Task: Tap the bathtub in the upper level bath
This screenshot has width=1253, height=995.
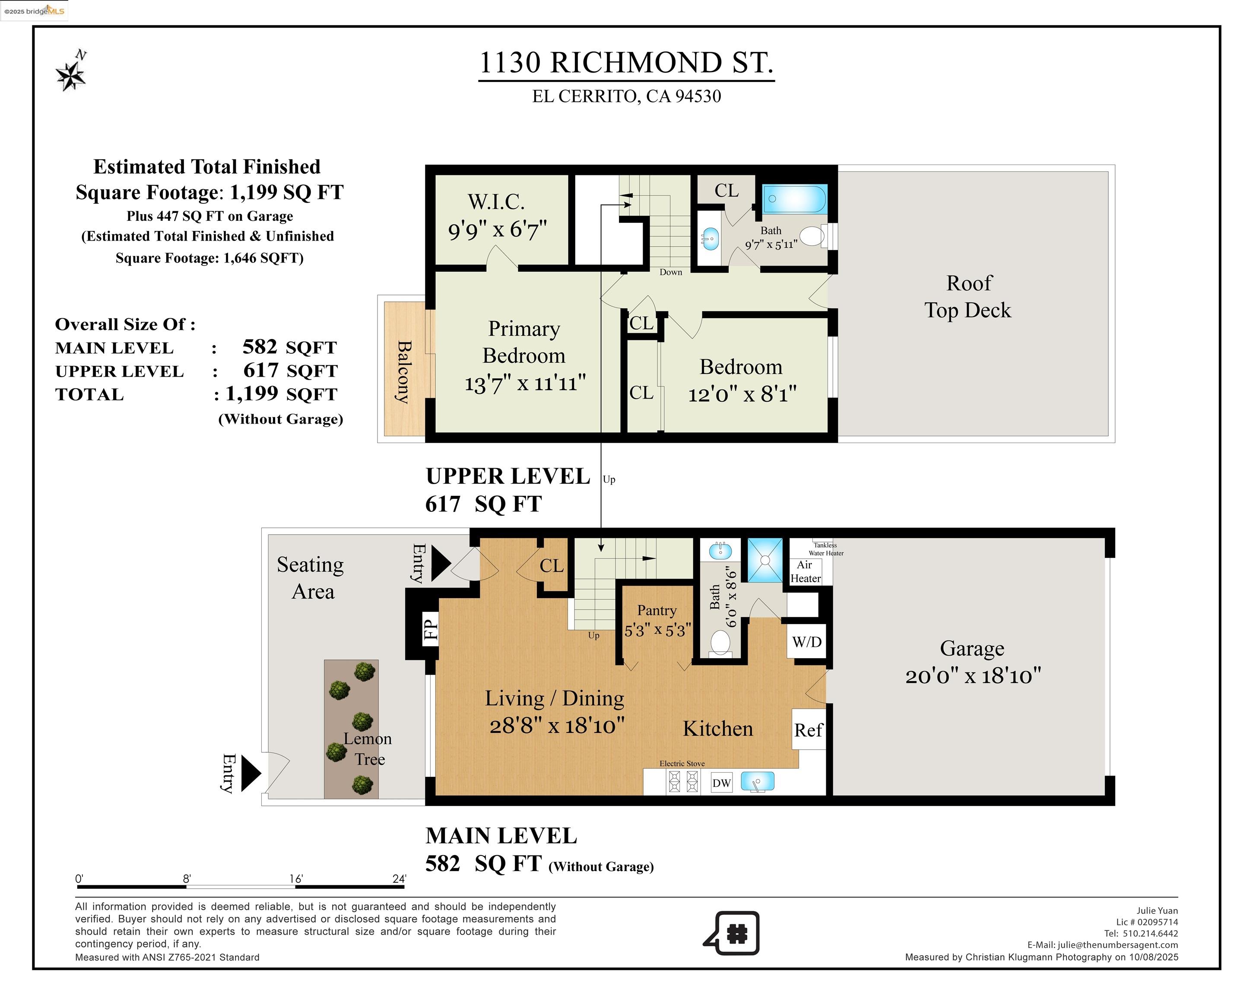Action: pyautogui.click(x=794, y=199)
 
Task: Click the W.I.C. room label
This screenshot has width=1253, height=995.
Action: pyautogui.click(x=496, y=202)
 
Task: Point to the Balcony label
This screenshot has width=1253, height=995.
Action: pyautogui.click(x=404, y=371)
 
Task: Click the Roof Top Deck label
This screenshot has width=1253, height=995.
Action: pyautogui.click(x=968, y=296)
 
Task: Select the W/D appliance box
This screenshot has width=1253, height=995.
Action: pyautogui.click(x=807, y=642)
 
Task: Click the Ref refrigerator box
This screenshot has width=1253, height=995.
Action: pyautogui.click(x=809, y=729)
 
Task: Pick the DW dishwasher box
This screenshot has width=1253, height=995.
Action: pyautogui.click(x=721, y=783)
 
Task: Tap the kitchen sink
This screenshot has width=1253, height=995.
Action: pyautogui.click(x=757, y=782)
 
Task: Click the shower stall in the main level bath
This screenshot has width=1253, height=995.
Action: pyautogui.click(x=765, y=560)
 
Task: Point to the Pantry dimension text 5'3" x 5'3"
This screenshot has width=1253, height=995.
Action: pyautogui.click(x=657, y=630)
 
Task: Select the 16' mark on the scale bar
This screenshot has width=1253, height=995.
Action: pyautogui.click(x=296, y=879)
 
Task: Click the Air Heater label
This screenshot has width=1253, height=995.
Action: pyautogui.click(x=806, y=571)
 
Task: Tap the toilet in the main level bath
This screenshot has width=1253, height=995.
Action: pyautogui.click(x=720, y=643)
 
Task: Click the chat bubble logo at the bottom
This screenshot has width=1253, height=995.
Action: pyautogui.click(x=732, y=933)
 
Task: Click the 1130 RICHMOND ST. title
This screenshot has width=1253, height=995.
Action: pyautogui.click(x=626, y=63)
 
